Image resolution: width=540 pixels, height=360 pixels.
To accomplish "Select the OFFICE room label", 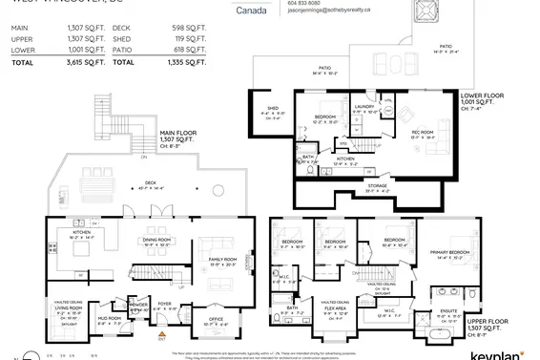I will tap(216, 320).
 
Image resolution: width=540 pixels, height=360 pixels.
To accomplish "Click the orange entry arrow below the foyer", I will tap(159, 337).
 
